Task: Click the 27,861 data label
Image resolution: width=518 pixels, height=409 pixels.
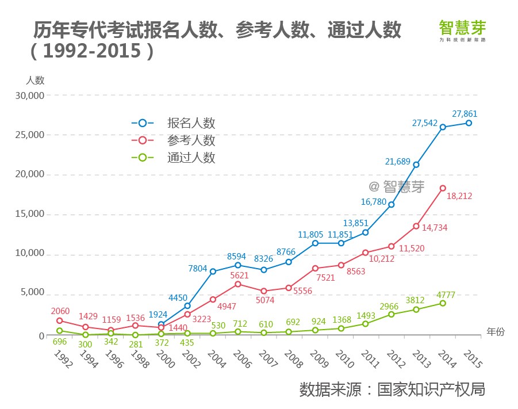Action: pyautogui.click(x=465, y=114)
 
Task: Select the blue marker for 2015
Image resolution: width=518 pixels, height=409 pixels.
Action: pyautogui.click(x=469, y=123)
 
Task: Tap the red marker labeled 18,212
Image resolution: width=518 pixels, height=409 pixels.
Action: pyautogui.click(x=443, y=188)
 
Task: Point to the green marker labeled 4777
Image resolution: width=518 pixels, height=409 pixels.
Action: pyautogui.click(x=443, y=303)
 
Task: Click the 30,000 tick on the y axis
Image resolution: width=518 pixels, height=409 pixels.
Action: pyautogui.click(x=28, y=95)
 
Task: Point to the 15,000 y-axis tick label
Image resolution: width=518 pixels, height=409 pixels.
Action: pyautogui.click(x=28, y=214)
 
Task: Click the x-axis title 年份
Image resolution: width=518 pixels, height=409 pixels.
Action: pyautogui.click(x=495, y=332)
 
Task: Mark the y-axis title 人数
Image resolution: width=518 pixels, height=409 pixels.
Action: pyautogui.click(x=35, y=80)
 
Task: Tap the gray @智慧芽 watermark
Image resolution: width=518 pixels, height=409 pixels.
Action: pyautogui.click(x=396, y=186)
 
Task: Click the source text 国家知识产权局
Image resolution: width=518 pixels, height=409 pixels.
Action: pyautogui.click(x=431, y=389)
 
